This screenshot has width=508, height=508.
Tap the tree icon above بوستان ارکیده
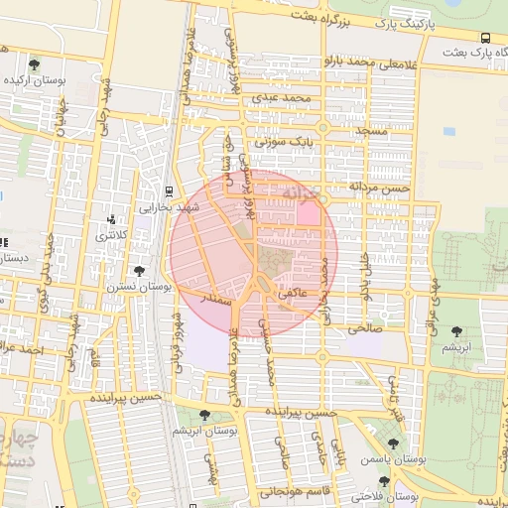click(35, 63)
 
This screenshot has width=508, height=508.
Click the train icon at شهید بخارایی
click(169, 191)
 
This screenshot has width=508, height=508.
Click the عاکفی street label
click(298, 295)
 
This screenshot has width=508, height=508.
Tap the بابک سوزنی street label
click(283, 143)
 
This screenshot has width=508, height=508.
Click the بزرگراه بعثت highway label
click(318, 17)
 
